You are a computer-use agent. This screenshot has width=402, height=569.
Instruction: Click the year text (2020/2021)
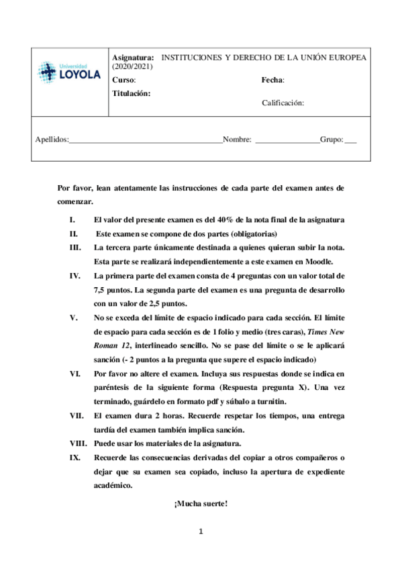click(133, 67)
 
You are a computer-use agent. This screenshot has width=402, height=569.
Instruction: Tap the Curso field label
click(124, 80)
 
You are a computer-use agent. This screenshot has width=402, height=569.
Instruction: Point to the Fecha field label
click(272, 80)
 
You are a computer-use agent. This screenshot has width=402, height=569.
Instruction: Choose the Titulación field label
click(132, 93)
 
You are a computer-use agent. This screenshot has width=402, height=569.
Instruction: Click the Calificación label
click(283, 103)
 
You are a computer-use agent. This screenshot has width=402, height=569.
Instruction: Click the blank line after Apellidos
click(145, 141)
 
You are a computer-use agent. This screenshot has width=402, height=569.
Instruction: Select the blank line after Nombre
click(287, 141)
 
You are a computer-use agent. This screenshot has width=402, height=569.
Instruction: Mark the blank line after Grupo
click(350, 141)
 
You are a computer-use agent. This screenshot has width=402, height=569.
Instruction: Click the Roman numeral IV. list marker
click(74, 276)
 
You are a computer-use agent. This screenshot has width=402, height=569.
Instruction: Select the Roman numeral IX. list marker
click(74, 457)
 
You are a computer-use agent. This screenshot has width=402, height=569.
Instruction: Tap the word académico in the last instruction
click(113, 485)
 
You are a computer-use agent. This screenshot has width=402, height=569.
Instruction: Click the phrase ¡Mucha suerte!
click(201, 504)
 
